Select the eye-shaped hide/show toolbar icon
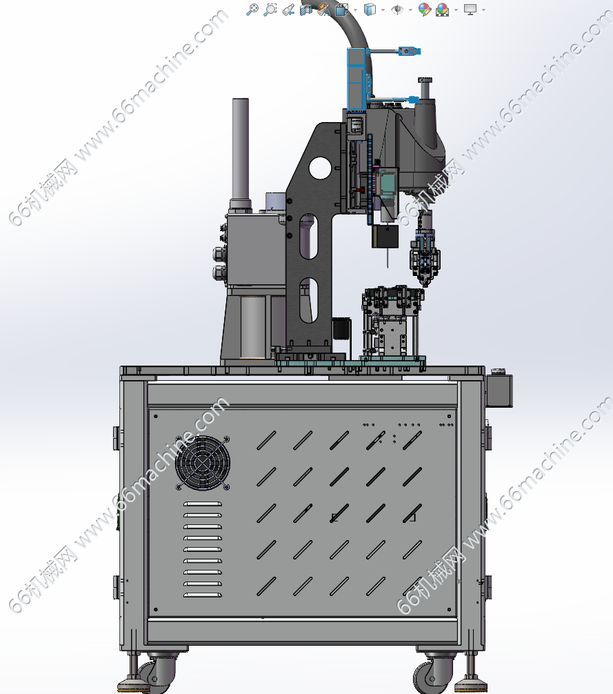coord(397,9)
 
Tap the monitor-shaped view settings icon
coord(470,9)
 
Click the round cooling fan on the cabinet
coord(203,462)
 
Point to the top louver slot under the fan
coord(203,504)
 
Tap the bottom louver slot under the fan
coord(203,595)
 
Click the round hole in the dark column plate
coord(320,168)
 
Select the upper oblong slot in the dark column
coord(308,237)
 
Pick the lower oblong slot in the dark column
coord(309,300)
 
